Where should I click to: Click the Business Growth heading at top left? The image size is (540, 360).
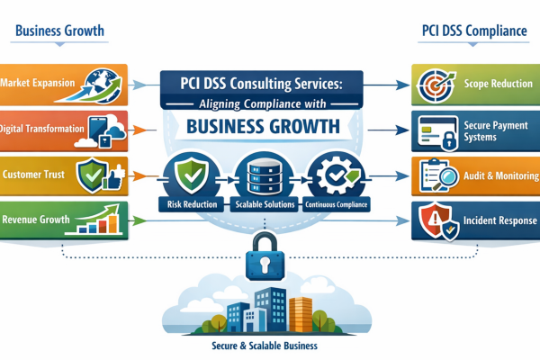[x=59, y=31]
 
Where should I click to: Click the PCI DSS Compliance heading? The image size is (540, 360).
[x=473, y=31]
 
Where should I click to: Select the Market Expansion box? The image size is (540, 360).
[x=40, y=83]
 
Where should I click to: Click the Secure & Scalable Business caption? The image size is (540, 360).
[x=270, y=345]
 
